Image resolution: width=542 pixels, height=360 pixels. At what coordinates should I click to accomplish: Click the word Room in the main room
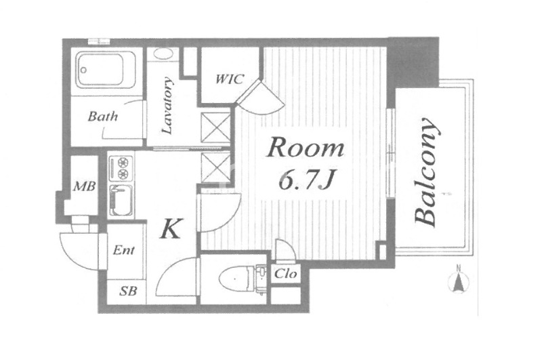(306, 148)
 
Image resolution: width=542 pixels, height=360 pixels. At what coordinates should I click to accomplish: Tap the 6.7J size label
(306, 181)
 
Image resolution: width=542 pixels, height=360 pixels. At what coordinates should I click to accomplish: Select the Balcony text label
(427, 173)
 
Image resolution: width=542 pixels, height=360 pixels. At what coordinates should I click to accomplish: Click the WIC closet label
(230, 79)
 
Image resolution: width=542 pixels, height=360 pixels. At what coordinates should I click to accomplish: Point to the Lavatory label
(167, 106)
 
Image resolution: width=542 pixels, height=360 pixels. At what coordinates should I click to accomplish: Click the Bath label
(103, 117)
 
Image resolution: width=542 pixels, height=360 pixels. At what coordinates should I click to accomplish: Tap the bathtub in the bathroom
(105, 71)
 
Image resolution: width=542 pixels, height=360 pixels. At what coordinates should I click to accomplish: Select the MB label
(84, 186)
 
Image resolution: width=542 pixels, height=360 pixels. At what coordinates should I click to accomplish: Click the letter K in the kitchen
(171, 229)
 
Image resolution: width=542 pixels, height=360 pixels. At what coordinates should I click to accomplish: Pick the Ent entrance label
(124, 250)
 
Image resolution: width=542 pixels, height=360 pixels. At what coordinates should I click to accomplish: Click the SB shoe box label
(128, 291)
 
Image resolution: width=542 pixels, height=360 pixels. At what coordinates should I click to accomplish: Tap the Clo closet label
(285, 274)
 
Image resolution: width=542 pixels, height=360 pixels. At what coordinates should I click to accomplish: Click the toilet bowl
(236, 279)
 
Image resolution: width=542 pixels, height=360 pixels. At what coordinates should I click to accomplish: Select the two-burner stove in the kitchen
(121, 168)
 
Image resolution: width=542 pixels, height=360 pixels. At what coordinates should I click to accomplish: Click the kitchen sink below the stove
(121, 201)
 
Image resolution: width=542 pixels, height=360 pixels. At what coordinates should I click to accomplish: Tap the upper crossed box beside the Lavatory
(215, 128)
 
